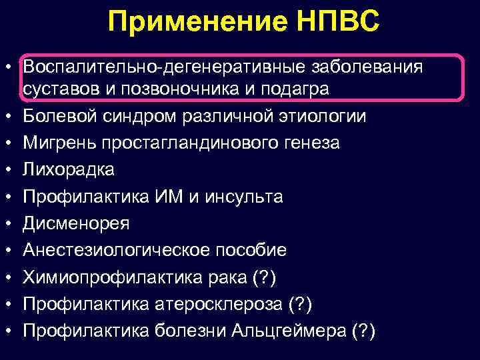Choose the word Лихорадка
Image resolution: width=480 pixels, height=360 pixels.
coord(69,170)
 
